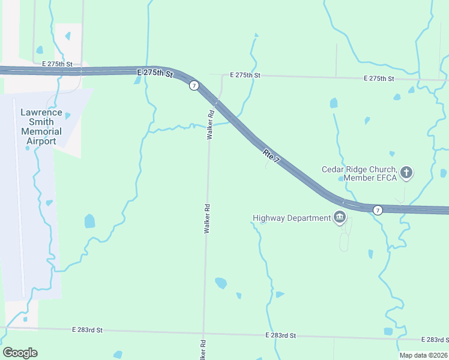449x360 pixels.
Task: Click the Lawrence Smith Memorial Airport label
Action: click(41, 127)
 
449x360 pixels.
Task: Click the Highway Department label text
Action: click(291, 218)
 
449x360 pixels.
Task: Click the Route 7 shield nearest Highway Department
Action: click(377, 209)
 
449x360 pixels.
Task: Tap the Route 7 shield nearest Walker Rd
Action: click(194, 86)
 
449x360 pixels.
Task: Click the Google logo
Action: click(20, 352)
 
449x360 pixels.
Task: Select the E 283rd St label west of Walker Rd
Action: click(88, 330)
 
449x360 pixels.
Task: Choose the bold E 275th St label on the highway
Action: click(154, 73)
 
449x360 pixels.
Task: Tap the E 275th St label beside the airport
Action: click(57, 63)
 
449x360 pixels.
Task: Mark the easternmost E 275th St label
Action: click(379, 79)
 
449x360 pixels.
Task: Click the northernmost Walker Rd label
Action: click(211, 125)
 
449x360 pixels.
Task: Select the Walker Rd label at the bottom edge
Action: click(202, 350)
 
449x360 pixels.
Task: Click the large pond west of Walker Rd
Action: click(89, 221)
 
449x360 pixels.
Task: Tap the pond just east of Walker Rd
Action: click(221, 283)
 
